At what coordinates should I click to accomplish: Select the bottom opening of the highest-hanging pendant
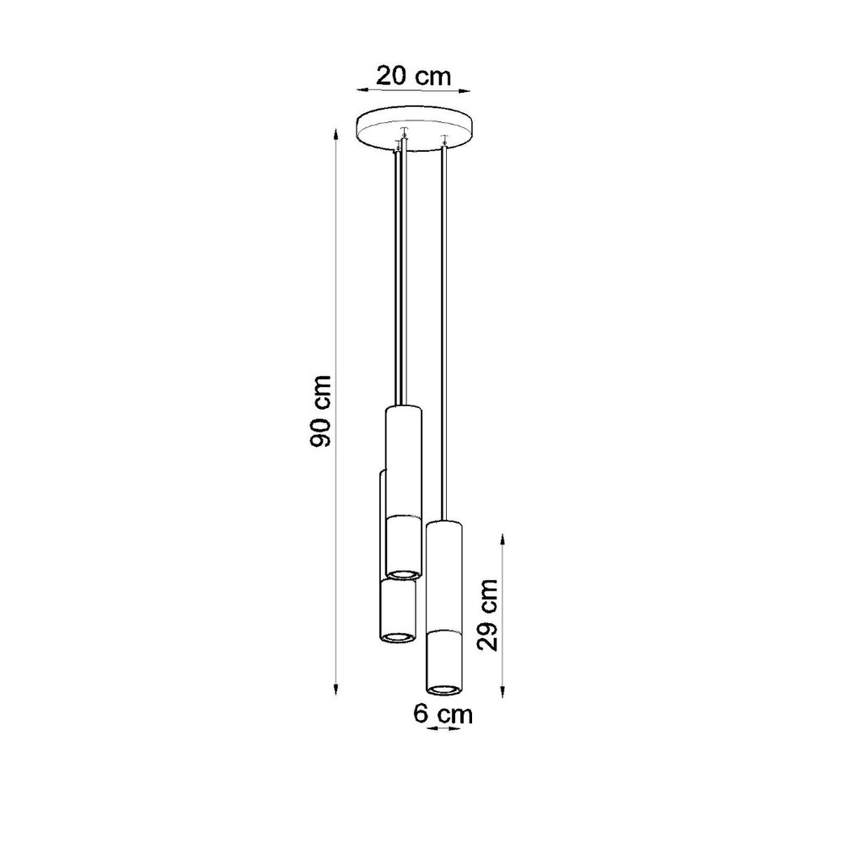tap(403, 573)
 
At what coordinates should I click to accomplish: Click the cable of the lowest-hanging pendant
tap(443, 337)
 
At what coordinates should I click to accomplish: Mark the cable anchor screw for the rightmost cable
tap(443, 137)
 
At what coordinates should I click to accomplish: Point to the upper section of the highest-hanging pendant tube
tap(403, 459)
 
